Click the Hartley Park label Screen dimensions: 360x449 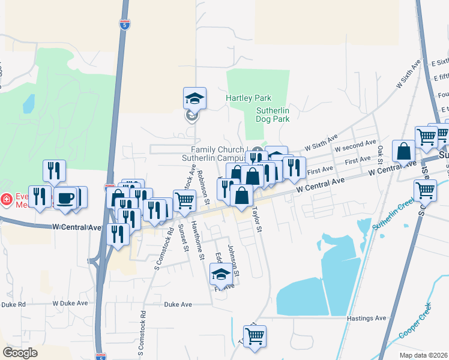click(x=249, y=98)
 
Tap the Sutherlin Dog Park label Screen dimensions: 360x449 click(x=273, y=115)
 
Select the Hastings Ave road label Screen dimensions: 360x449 click(x=367, y=318)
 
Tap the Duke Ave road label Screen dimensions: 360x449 click(x=178, y=305)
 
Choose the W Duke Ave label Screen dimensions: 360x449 click(x=70, y=304)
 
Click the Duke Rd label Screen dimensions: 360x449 click(x=14, y=305)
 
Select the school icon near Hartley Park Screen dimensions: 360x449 click(x=194, y=98)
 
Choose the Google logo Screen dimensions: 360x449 click(x=20, y=353)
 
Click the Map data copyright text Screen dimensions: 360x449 click(x=424, y=355)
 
